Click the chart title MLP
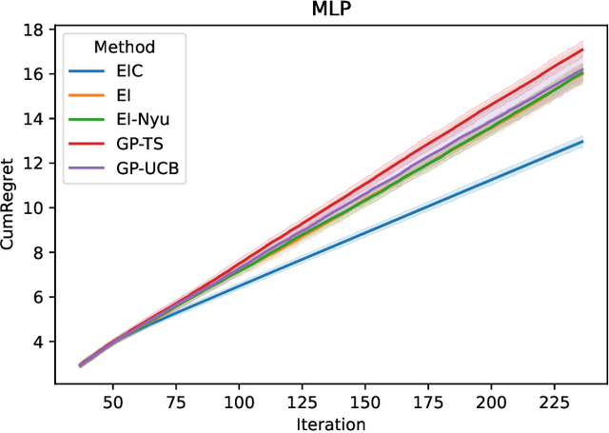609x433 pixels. pyautogui.click(x=330, y=10)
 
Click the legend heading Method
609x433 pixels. pyautogui.click(x=125, y=47)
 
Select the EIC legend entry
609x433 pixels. pyautogui.click(x=136, y=71)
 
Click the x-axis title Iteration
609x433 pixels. pyautogui.click(x=330, y=422)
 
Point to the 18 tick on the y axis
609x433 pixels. pyautogui.click(x=34, y=30)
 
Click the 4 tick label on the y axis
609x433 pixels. pyautogui.click(x=38, y=341)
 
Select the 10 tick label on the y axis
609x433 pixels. pyautogui.click(x=34, y=207)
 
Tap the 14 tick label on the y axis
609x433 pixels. pyautogui.click(x=34, y=119)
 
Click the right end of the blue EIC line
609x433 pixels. pyautogui.click(x=582, y=142)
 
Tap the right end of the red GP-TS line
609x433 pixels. pyautogui.click(x=582, y=49)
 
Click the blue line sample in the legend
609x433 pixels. pyautogui.click(x=88, y=71)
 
